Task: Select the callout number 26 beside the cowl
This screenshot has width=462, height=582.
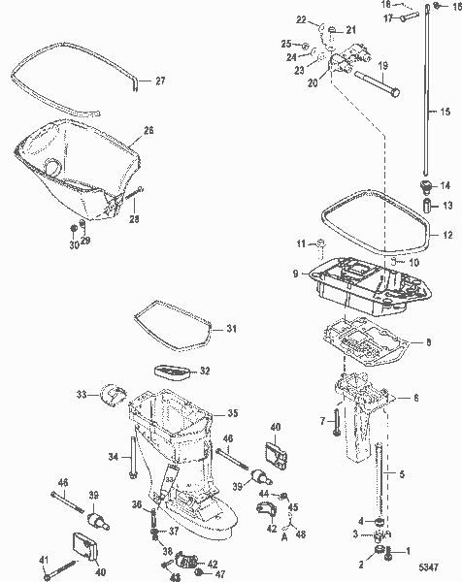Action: click(x=148, y=129)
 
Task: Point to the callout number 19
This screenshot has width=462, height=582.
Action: click(x=382, y=66)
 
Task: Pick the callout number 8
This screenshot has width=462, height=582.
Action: click(x=431, y=341)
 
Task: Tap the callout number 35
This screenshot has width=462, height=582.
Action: click(x=231, y=413)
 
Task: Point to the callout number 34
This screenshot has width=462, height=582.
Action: click(x=113, y=456)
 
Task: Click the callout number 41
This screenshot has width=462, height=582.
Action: click(x=42, y=561)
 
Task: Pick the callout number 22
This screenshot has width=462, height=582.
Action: click(x=301, y=20)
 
